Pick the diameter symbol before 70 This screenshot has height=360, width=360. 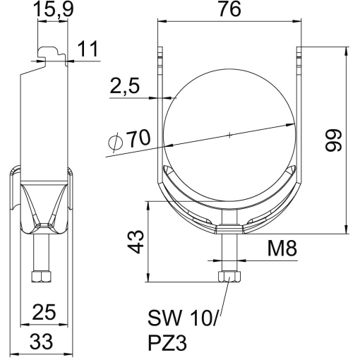click(x=117, y=143)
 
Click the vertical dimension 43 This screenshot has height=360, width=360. click(x=140, y=240)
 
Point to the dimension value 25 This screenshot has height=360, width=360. click(x=45, y=312)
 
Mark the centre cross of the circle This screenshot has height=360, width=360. click(x=229, y=134)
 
